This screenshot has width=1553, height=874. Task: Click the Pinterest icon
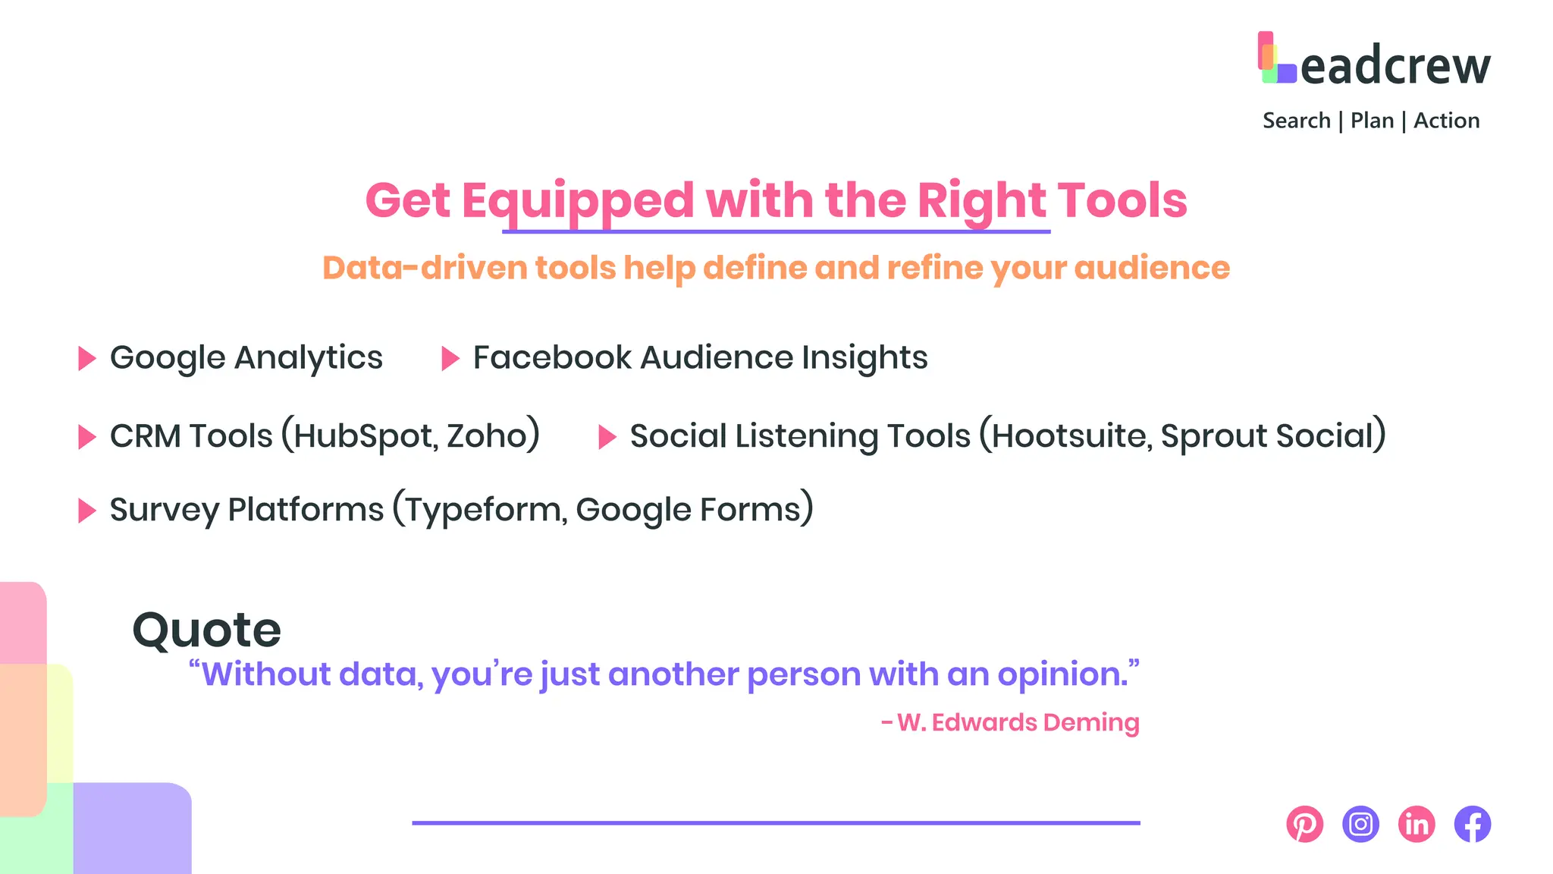pyautogui.click(x=1304, y=824)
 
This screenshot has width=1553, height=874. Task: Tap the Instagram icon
pyautogui.click(x=1360, y=824)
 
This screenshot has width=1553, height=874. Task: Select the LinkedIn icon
pyautogui.click(x=1417, y=824)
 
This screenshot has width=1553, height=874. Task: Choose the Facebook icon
pyautogui.click(x=1473, y=824)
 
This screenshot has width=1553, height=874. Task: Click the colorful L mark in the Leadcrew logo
pyautogui.click(x=1276, y=58)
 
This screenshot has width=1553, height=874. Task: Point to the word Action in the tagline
pyautogui.click(x=1446, y=121)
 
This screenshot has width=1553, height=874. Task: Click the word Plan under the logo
pyautogui.click(x=1372, y=121)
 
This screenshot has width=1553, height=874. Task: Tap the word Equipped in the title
pyautogui.click(x=578, y=201)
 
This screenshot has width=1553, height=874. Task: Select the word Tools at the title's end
pyautogui.click(x=1122, y=200)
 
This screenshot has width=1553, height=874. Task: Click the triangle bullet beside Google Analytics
pyautogui.click(x=87, y=358)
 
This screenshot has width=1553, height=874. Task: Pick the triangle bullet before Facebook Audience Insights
pyautogui.click(x=450, y=358)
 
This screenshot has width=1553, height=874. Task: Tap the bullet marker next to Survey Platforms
pyautogui.click(x=87, y=511)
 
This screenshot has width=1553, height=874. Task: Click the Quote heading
pyautogui.click(x=206, y=630)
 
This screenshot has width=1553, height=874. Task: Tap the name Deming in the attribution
pyautogui.click(x=1091, y=722)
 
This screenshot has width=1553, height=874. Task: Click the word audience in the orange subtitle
pyautogui.click(x=1152, y=268)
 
